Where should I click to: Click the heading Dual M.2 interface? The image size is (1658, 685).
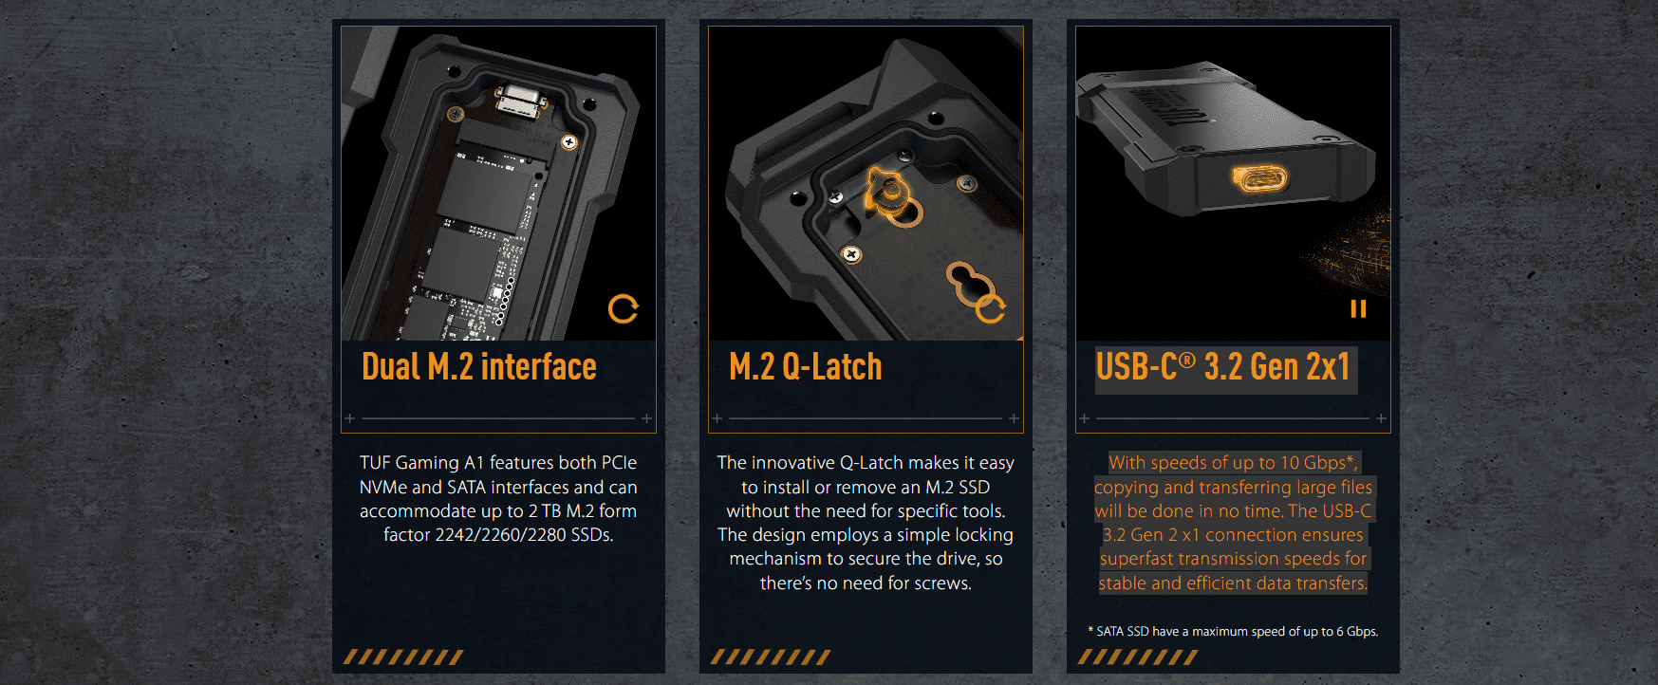click(x=479, y=367)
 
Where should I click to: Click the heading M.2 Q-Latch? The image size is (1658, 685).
click(x=806, y=367)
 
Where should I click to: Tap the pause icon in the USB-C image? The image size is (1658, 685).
click(x=1358, y=309)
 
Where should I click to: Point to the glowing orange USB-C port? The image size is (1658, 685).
click(x=1259, y=178)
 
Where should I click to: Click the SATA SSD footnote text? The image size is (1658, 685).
click(x=1233, y=631)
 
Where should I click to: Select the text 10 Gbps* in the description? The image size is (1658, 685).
click(x=1318, y=463)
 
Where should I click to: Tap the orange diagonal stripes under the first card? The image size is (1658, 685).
click(x=403, y=657)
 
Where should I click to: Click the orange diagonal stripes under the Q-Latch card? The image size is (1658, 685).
click(x=771, y=657)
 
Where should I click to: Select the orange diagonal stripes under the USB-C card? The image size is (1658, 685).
click(x=1138, y=657)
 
